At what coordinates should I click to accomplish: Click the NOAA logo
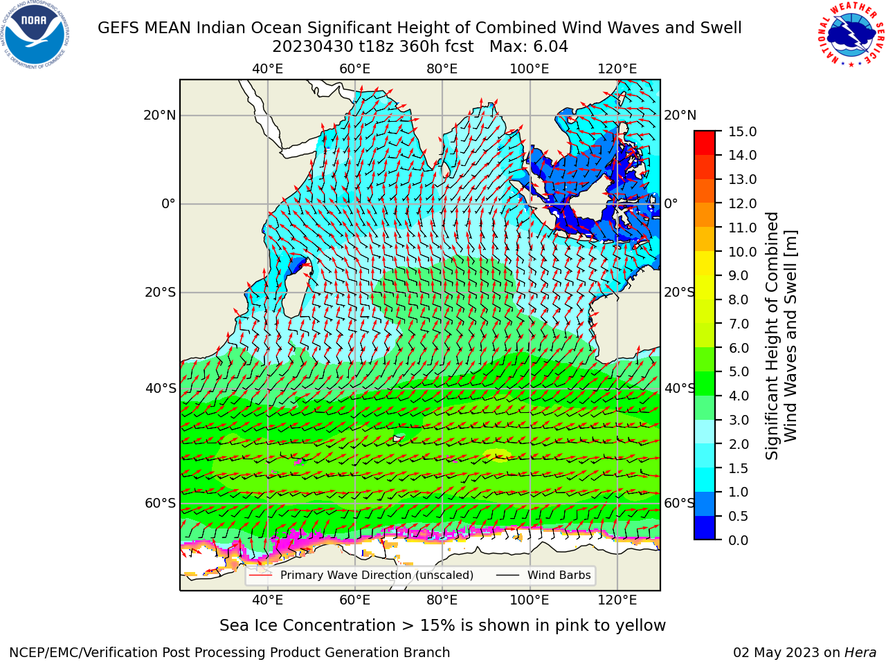35,35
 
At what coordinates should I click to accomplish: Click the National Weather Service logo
851,34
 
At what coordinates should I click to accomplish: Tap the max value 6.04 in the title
548,47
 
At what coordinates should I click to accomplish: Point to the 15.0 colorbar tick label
742,131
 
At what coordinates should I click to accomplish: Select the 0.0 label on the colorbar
739,540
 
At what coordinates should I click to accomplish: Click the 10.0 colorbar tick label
742,252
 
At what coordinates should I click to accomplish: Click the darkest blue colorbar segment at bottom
705,528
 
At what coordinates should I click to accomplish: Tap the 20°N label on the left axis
160,116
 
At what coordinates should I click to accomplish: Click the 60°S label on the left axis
161,503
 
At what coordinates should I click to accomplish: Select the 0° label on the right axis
671,203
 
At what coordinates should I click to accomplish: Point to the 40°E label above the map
268,69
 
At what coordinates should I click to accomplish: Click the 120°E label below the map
617,600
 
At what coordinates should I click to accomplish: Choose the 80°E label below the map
442,600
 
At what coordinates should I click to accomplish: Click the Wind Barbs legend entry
543,575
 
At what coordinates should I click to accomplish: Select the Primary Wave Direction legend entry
361,575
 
